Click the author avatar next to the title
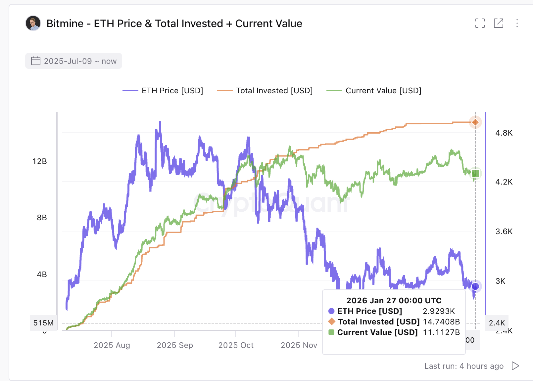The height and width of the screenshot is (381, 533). point(33,23)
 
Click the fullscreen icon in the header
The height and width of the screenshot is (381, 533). point(480,23)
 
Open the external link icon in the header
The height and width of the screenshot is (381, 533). point(498,23)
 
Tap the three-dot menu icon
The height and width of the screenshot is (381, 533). point(517,23)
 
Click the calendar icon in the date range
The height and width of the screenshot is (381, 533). point(35,61)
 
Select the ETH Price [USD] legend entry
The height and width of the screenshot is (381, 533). point(163,91)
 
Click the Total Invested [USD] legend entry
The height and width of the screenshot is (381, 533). point(265,91)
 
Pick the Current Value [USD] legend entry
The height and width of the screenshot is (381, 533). point(374,91)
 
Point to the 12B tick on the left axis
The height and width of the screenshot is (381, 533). point(40,161)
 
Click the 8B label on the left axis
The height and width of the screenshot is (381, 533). point(42,218)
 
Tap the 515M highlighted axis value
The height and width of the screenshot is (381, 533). point(43,323)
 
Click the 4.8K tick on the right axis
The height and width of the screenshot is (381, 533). point(504,133)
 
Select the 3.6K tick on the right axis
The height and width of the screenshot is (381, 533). point(504,232)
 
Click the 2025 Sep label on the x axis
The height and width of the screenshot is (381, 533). point(175,345)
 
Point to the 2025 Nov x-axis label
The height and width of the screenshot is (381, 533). point(299,345)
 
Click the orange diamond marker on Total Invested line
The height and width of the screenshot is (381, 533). point(475,122)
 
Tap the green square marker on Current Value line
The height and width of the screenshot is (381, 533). point(475,173)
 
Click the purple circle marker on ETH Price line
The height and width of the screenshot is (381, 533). point(475,286)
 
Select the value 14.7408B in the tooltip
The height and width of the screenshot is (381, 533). point(441,322)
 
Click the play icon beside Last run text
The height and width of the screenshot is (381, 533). point(515,366)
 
